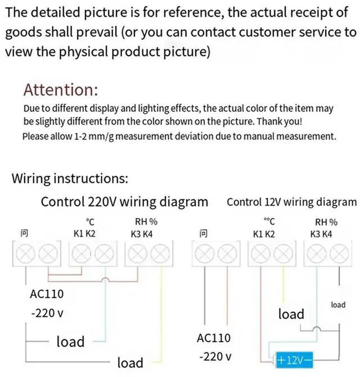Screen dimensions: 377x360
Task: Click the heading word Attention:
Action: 61,89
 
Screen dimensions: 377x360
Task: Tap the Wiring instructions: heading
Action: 70,179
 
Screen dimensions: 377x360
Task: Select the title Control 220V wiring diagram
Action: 124,201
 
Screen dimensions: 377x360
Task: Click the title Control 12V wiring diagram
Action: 291,202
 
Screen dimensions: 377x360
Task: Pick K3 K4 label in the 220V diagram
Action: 141,233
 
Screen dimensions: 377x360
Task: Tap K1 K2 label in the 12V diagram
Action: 264,233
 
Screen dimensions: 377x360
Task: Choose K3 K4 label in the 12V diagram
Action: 321,233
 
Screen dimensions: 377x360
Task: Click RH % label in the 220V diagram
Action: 146,222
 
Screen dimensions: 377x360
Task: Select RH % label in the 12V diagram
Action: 326,222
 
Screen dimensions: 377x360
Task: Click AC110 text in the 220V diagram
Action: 47,294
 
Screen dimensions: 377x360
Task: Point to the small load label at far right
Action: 338,305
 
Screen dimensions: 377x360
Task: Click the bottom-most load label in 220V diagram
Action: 130,362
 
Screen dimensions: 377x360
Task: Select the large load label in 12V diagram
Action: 291,314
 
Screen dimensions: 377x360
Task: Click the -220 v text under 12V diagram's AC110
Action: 216,357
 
